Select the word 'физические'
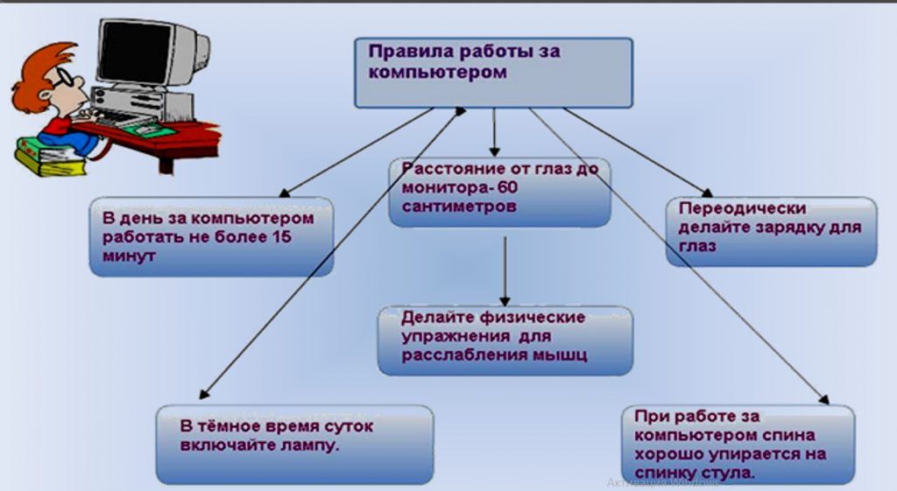tap(532, 317)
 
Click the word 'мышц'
tap(560, 355)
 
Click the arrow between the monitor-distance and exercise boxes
tap(505, 271)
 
